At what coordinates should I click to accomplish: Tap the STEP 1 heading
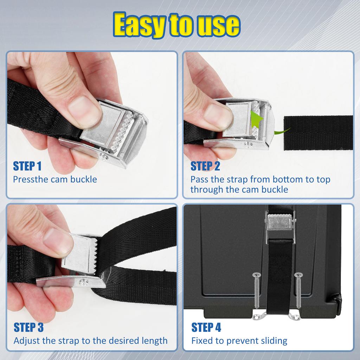pyautogui.click(x=27, y=166)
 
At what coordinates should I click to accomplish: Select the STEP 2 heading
pyautogui.click(x=205, y=166)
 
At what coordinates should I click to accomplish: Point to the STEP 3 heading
pyautogui.click(x=28, y=327)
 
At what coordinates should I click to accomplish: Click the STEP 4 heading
pyautogui.click(x=206, y=327)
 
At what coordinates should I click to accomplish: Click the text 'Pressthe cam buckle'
pyautogui.click(x=55, y=179)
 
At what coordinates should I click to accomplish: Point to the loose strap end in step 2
pyautogui.click(x=318, y=133)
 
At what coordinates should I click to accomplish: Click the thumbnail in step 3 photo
pyautogui.click(x=58, y=242)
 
